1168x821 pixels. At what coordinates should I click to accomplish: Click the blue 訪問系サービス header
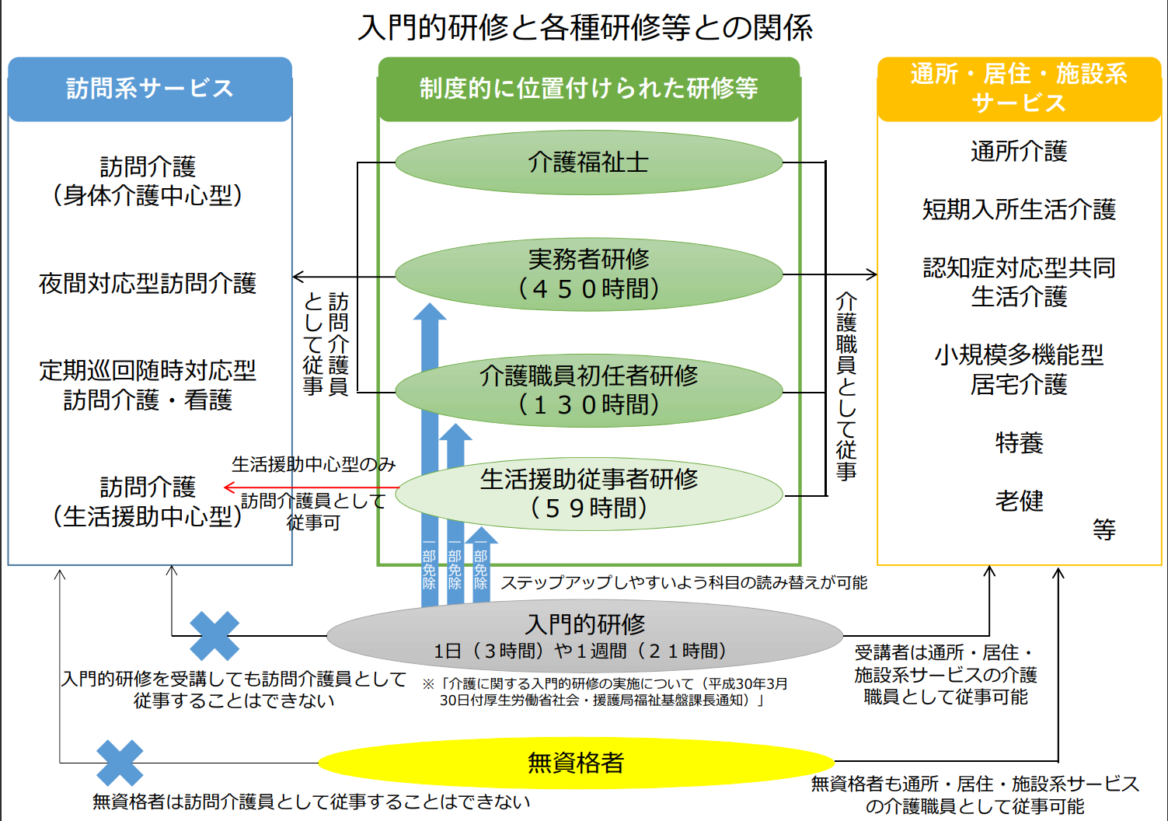tap(150, 89)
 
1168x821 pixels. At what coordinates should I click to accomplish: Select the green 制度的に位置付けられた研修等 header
tap(589, 89)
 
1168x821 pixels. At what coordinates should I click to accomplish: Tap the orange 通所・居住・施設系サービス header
tap(1019, 89)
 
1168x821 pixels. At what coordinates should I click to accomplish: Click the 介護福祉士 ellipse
tap(589, 162)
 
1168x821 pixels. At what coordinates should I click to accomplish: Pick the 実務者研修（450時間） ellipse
tap(589, 274)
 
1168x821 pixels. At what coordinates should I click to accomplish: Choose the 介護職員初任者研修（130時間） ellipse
tap(589, 391)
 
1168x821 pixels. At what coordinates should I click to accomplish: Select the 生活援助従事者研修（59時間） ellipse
tap(589, 494)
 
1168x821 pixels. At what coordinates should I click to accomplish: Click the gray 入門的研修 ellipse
tap(584, 636)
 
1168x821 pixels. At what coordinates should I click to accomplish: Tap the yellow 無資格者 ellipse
tap(576, 763)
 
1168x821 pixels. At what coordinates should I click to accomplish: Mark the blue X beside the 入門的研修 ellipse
tap(214, 636)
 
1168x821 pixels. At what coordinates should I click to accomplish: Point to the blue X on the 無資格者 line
tap(120, 763)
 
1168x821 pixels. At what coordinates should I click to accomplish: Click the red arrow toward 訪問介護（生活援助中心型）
tap(312, 487)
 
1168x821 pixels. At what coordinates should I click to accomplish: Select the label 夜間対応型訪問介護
tap(148, 283)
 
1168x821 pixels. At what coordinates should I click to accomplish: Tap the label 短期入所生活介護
tap(1019, 209)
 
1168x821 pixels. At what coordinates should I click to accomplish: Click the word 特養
tap(1019, 443)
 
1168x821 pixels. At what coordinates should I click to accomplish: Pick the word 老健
tap(1019, 501)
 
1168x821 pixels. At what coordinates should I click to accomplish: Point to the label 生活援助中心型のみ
tap(313, 463)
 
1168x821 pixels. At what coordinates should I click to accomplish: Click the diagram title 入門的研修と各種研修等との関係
tap(584, 27)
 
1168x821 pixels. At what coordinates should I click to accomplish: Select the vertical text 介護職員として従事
tap(845, 386)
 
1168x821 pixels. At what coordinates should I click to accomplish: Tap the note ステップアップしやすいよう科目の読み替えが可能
tap(684, 582)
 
